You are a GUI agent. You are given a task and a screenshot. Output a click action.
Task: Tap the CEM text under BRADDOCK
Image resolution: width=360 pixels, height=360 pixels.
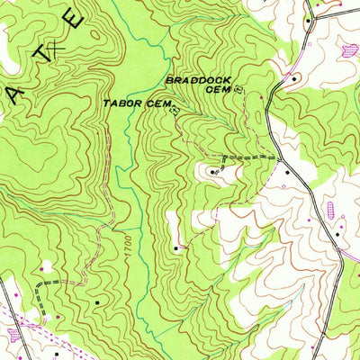219,89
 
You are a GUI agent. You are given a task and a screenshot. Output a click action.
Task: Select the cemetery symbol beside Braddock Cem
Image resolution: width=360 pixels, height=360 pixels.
238,89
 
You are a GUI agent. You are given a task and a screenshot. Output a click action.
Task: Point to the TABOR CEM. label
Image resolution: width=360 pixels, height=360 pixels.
135,104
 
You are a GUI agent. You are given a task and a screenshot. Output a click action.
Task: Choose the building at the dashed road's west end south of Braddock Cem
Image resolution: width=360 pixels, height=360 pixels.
213,169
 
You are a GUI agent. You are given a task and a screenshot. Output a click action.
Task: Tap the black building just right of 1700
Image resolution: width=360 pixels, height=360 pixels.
175,247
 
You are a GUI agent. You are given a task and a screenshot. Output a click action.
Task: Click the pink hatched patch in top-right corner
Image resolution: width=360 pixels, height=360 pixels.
347,51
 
